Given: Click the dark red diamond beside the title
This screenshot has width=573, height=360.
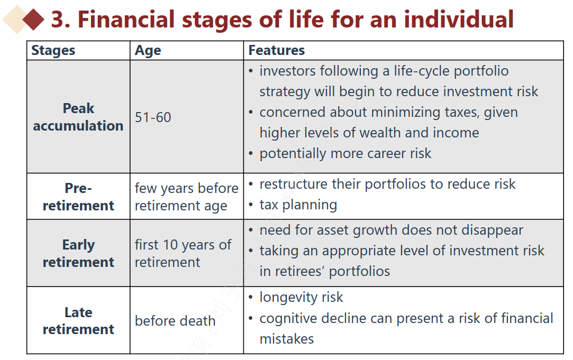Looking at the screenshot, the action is (x=33, y=20).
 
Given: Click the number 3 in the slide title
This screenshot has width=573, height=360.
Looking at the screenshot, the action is (x=58, y=20).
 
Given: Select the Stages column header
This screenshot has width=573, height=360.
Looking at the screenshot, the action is (x=53, y=50).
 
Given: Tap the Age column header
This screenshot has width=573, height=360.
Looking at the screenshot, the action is (x=148, y=51).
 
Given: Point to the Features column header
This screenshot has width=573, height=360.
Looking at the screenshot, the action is (x=277, y=50).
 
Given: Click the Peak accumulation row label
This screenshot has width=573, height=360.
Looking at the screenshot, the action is (x=78, y=117).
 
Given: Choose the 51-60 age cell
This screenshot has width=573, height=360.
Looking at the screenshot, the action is (x=153, y=117).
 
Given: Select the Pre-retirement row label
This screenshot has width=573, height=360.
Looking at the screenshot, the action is (x=78, y=197).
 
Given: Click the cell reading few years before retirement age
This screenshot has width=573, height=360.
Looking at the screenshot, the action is (x=186, y=197).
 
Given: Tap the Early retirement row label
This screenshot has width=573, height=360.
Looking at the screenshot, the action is (x=78, y=253).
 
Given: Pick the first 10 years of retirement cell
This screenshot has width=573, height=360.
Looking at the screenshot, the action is (x=183, y=253).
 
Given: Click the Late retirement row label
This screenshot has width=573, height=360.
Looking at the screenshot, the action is (x=78, y=320).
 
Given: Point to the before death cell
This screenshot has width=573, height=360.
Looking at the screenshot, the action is (x=175, y=321).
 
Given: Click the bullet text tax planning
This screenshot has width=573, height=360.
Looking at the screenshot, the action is (x=298, y=205).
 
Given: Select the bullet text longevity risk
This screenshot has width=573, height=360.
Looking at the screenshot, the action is (x=301, y=297).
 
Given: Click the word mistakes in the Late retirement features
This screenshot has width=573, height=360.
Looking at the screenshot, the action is (x=287, y=339).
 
